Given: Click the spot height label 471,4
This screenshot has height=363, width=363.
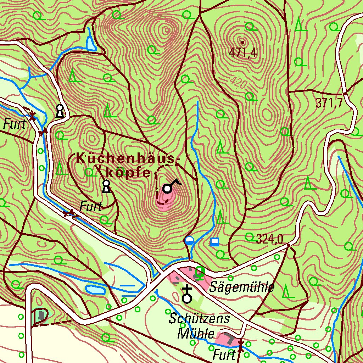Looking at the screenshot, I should click(x=242, y=53).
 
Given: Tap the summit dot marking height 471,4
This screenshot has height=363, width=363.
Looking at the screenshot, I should click(x=242, y=42).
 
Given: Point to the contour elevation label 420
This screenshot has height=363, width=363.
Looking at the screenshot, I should click(x=238, y=82).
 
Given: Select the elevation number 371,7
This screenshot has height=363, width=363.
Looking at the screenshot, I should click(x=329, y=103).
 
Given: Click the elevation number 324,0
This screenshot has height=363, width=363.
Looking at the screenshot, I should click(x=269, y=239).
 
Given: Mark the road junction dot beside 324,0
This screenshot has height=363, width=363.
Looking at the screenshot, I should click(x=288, y=245).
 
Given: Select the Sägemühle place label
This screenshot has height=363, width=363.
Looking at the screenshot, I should click(x=242, y=287).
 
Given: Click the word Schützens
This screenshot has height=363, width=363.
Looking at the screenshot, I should click(x=199, y=318).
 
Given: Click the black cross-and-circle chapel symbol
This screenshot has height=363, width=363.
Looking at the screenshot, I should click(x=187, y=295).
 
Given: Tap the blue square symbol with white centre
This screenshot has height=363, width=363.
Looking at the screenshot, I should click(x=214, y=242).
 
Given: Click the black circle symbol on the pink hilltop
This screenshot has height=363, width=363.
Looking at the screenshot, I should click(x=167, y=189).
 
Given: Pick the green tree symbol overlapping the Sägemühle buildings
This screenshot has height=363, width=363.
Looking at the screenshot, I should click(x=200, y=272).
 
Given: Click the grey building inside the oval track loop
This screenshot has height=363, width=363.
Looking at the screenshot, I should click(x=42, y=315).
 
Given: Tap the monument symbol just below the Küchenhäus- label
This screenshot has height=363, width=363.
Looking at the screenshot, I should click(x=106, y=186).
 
